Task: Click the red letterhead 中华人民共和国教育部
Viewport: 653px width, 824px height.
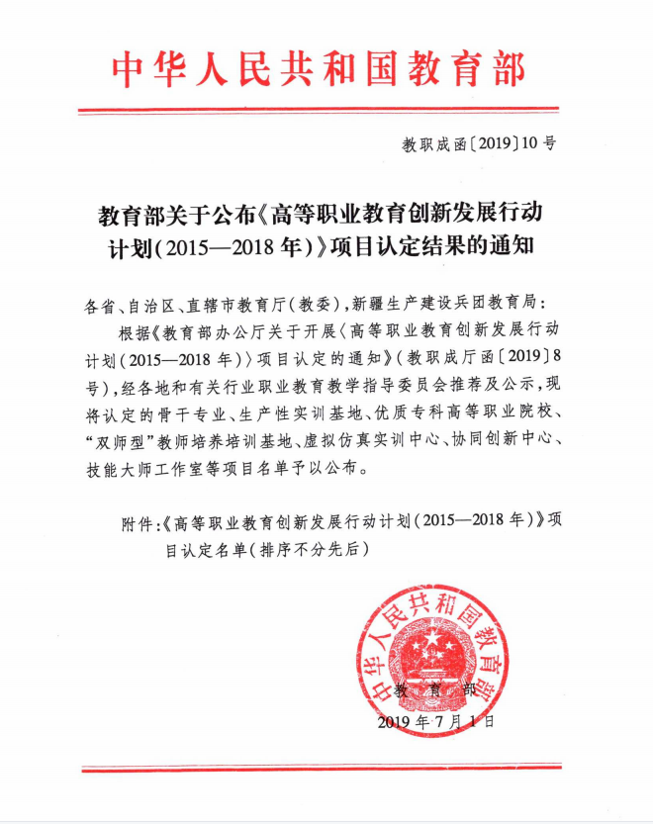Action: tap(320, 69)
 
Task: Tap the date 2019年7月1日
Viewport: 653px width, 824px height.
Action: tap(434, 722)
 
